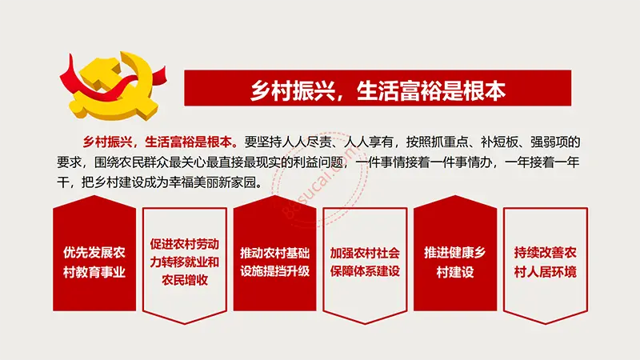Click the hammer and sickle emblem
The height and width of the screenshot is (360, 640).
(x=113, y=86)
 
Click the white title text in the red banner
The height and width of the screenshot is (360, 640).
(x=378, y=90)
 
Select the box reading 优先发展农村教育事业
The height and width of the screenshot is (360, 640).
(x=94, y=254)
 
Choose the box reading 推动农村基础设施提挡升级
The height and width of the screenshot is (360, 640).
(x=274, y=254)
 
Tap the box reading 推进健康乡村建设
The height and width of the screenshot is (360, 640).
(x=455, y=254)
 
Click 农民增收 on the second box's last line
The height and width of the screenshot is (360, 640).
(x=185, y=280)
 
